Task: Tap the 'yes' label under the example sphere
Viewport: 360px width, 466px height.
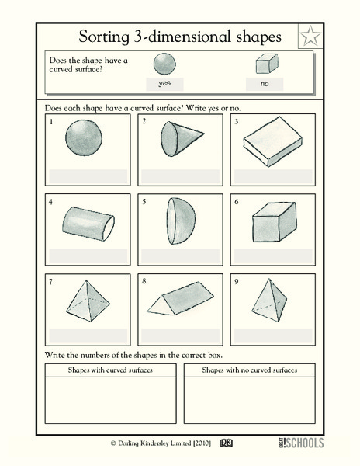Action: coord(164,82)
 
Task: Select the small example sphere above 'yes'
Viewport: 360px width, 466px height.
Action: coord(164,64)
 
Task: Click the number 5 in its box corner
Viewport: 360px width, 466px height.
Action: coord(144,201)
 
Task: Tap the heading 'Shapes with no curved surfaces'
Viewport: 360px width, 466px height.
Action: coord(250,370)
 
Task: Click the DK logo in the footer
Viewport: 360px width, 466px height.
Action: coord(227,443)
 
